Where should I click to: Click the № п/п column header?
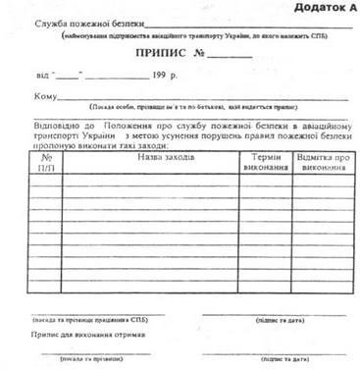pyautogui.click(x=46, y=162)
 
